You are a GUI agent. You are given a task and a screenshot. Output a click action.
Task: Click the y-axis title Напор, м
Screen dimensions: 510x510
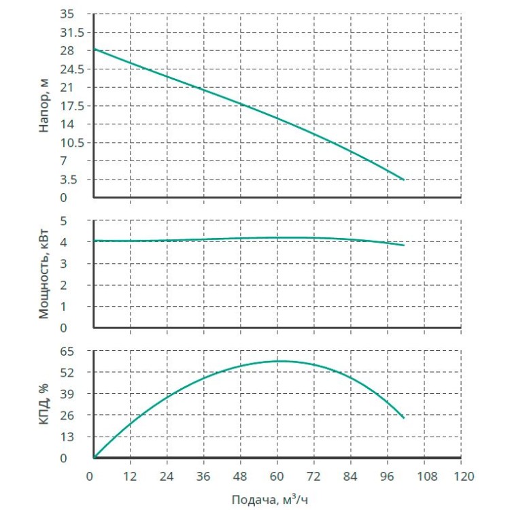(x=45, y=105)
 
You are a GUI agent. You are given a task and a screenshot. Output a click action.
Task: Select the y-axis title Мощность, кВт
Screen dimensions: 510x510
(x=45, y=275)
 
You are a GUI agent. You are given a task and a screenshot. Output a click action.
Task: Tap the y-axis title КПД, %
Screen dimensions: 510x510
(x=45, y=405)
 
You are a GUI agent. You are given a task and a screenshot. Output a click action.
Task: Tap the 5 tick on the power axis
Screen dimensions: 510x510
(x=82, y=221)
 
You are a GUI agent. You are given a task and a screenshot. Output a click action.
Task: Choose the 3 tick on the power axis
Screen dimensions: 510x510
(x=82, y=264)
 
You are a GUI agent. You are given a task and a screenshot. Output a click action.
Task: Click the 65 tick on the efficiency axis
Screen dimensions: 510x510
(x=77, y=352)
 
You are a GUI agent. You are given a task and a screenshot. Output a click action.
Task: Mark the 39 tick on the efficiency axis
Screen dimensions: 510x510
(x=77, y=394)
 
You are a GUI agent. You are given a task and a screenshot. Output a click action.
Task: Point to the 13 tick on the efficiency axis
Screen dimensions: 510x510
(x=77, y=437)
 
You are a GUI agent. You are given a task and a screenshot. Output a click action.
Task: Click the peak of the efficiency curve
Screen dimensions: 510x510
(x=277, y=361)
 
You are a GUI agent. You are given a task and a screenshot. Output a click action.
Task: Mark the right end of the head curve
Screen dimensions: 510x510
(x=404, y=180)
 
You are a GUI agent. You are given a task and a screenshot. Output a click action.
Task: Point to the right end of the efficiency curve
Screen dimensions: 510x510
(x=404, y=418)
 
